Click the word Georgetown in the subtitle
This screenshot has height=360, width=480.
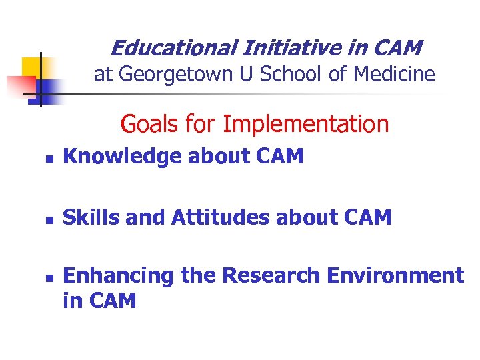pos(181,75)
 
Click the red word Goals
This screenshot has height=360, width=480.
pos(149,124)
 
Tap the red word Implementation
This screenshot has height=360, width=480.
pos(305,125)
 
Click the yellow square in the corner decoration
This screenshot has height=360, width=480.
pos(32,67)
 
